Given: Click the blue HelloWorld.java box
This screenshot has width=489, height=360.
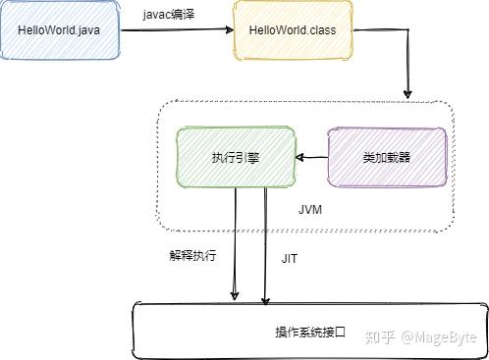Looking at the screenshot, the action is click(60, 30).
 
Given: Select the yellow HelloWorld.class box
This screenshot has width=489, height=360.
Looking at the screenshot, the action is click(293, 30).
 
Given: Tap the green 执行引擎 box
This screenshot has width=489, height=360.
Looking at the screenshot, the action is click(236, 157).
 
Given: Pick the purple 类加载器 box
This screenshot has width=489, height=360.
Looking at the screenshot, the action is click(387, 158).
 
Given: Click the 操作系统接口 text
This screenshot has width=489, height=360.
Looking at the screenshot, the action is click(310, 333).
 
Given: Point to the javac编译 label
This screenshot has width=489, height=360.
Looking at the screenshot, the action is click(169, 15).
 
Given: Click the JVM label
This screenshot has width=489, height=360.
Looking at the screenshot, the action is click(310, 210).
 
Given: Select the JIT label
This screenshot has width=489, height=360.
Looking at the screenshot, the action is click(290, 259).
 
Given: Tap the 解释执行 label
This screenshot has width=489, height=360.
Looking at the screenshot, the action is click(192, 255).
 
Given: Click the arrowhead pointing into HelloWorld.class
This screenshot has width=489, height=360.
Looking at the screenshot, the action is click(230, 29).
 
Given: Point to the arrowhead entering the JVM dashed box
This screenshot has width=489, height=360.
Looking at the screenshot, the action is click(407, 93).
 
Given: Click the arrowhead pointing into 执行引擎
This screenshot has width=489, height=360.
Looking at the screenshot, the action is click(299, 158).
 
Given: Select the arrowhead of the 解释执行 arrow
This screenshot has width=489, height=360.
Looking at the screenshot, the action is click(235, 295).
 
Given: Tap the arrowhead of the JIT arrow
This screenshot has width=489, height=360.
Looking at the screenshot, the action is click(265, 301).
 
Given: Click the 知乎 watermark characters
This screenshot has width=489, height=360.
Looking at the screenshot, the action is click(380, 336).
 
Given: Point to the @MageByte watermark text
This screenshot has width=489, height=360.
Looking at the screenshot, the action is click(439, 337).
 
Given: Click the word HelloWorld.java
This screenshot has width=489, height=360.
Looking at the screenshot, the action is click(59, 30).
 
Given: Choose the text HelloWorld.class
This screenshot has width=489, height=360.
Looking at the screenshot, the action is click(293, 30).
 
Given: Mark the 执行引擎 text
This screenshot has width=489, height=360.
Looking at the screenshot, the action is click(236, 158).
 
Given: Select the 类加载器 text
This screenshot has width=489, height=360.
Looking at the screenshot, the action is click(387, 158).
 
